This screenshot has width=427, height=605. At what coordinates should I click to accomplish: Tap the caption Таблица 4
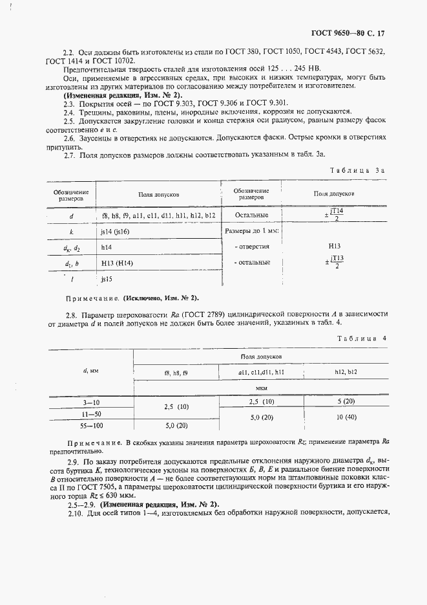tap(361, 338)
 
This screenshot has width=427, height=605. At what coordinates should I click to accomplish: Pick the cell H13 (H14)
tap(117, 263)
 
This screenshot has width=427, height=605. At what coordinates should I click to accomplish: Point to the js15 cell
tap(107, 279)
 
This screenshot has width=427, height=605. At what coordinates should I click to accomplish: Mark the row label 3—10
tap(89, 402)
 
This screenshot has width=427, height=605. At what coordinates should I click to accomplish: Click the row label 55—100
tap(89, 425)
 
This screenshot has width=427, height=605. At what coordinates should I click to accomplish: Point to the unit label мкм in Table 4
tap(262, 388)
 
